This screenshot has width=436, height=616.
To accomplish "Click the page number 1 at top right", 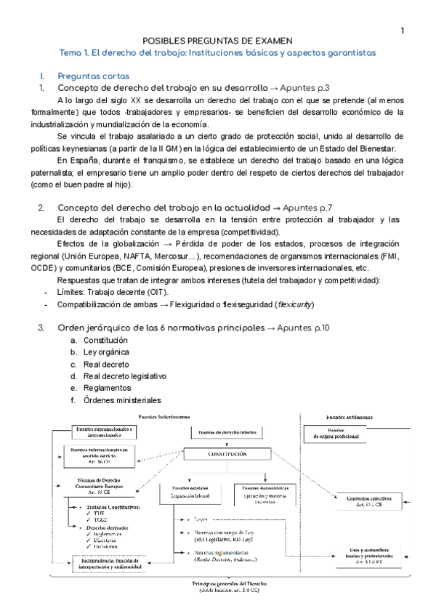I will pyautogui.click(x=402, y=30).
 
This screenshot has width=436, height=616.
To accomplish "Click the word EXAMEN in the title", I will pyautogui.click(x=272, y=41).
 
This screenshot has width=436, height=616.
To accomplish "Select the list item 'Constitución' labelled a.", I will pyautogui.click(x=105, y=340).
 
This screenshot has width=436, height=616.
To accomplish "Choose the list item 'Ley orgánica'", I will pyautogui.click(x=107, y=352).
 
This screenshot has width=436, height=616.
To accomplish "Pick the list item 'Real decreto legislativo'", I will pyautogui.click(x=125, y=376).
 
